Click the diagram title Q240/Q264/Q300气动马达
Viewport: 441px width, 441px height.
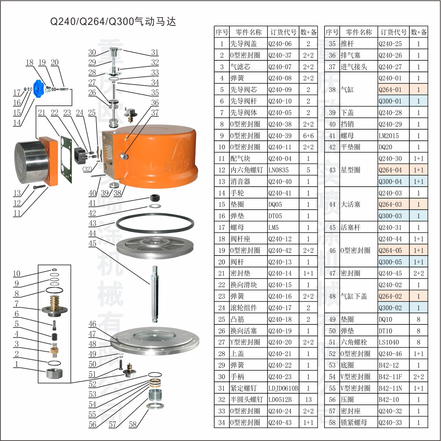(x=113, y=22)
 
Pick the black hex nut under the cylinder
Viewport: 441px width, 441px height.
(x=155, y=197)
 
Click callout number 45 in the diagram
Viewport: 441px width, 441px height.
(x=92, y=243)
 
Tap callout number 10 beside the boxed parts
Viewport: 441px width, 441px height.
(x=17, y=273)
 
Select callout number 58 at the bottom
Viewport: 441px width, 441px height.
(x=133, y=424)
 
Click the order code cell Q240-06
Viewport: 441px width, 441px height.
(x=280, y=44)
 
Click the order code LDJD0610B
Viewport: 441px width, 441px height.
(x=283, y=388)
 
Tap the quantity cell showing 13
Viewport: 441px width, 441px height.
(x=308, y=400)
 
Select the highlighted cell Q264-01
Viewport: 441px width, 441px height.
(x=390, y=89)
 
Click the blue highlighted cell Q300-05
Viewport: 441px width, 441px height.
(x=390, y=262)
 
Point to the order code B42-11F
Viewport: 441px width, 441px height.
(x=390, y=377)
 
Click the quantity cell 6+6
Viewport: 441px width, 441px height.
(x=308, y=136)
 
